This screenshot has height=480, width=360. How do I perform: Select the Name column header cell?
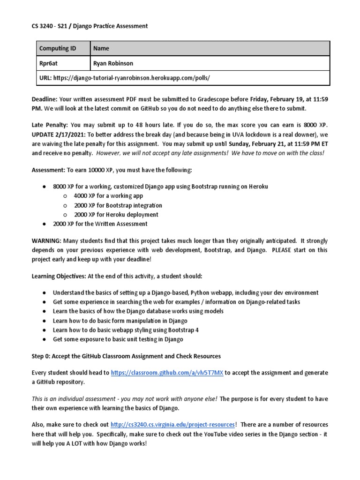pyautogui.click(x=101, y=48)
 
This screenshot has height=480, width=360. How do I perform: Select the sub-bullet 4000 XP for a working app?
pyautogui.click(x=108, y=196)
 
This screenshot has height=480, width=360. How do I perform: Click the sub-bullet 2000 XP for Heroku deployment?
pyautogui.click(x=116, y=215)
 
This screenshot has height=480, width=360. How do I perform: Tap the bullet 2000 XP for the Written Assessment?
pyautogui.click(x=100, y=224)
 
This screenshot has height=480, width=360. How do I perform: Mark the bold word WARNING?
pyautogui.click(x=46, y=240)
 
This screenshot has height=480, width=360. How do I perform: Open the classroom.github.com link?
pyautogui.click(x=167, y=373)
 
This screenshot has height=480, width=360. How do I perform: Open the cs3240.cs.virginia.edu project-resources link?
pyautogui.click(x=172, y=424)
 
